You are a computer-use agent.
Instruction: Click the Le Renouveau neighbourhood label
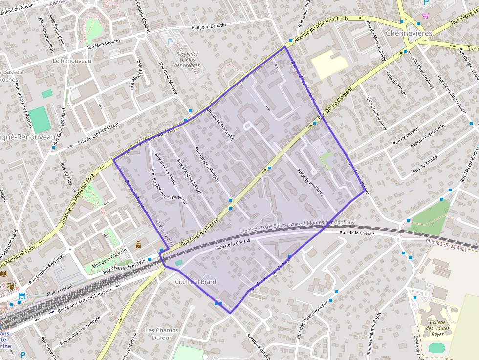coord(72,61)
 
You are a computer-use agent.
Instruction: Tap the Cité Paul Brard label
coord(196,282)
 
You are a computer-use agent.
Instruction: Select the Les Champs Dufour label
coord(162,334)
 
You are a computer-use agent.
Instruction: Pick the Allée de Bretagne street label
coord(310,182)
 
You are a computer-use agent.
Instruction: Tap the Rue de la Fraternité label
coord(221,124)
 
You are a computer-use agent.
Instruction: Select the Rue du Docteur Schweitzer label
coord(169,186)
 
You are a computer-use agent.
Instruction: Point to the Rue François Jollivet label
coord(189,175)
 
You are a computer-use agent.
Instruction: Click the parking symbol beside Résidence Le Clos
coord(171,42)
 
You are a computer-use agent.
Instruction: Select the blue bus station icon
coord(22,296)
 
